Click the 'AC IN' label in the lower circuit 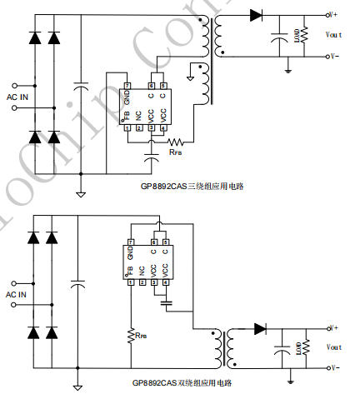point(17,294)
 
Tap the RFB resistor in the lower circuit point(131,334)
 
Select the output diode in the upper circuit point(255,15)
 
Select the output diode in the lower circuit point(259,328)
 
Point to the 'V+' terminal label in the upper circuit point(332,15)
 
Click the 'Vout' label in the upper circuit point(333,36)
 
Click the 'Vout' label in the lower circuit point(333,347)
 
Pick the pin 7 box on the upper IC point(127,86)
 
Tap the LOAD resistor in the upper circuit point(304,35)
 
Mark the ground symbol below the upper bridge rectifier point(80,195)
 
